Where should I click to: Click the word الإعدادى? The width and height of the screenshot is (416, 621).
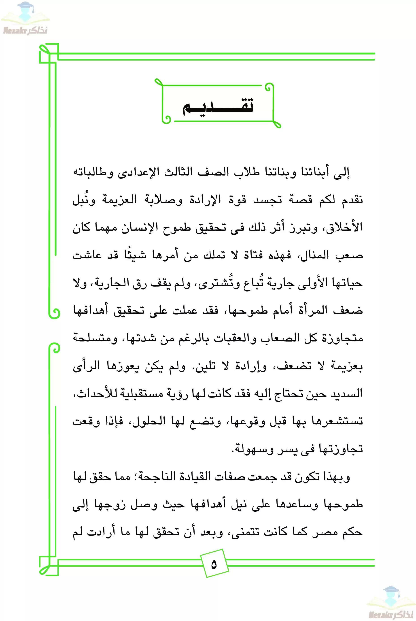tap(135, 172)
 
